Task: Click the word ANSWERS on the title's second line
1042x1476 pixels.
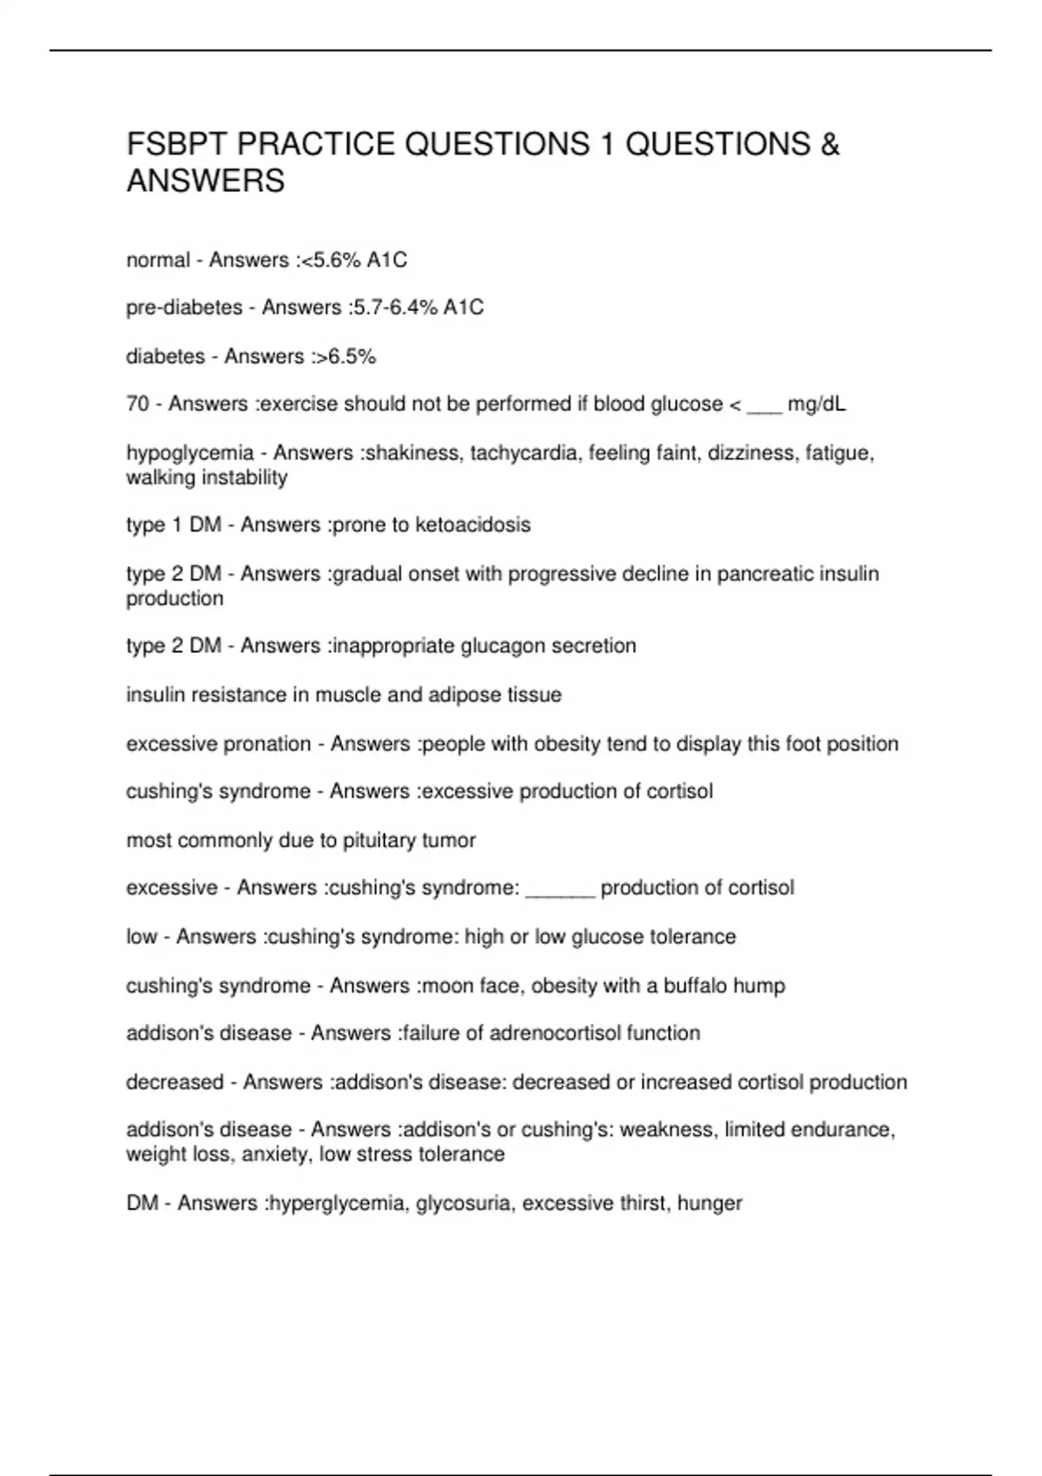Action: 206,181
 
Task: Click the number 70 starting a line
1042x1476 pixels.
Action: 137,404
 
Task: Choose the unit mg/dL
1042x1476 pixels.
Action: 816,405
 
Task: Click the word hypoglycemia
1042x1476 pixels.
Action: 190,453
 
